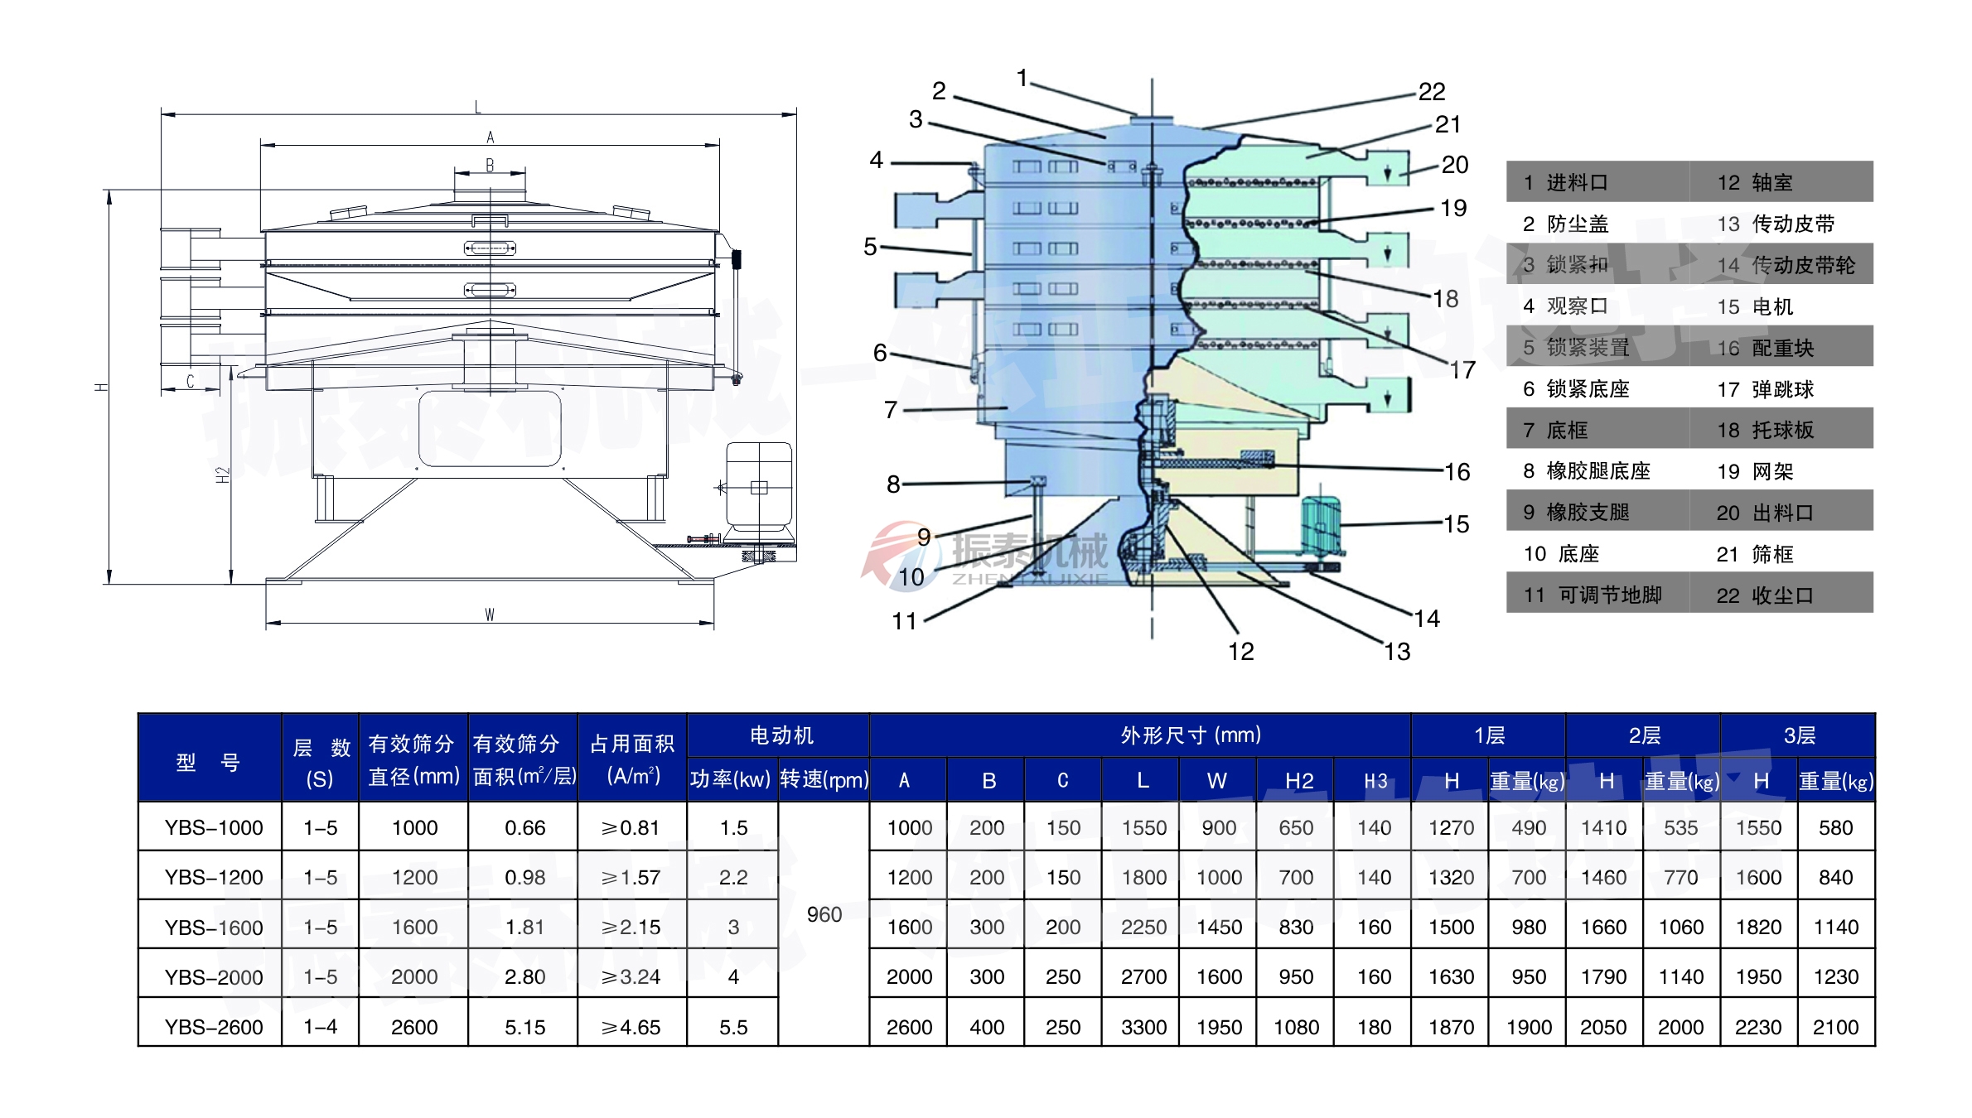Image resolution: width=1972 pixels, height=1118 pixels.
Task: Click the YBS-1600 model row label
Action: tap(213, 928)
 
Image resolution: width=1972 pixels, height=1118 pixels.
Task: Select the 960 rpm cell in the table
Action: tap(824, 914)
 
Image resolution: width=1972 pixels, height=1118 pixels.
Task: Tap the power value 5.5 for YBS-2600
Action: tap(733, 1027)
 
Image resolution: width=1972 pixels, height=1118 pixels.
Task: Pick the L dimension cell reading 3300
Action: tap(1143, 1027)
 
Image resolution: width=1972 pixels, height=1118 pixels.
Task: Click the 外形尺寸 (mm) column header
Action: tap(1190, 735)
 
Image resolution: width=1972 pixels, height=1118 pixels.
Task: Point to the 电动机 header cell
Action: tap(781, 735)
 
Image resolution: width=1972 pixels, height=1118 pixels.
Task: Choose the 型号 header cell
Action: tap(209, 762)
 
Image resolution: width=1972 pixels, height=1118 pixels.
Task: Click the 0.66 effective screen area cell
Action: tap(524, 828)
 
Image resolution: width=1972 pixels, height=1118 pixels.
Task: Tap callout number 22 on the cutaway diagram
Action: tap(1431, 92)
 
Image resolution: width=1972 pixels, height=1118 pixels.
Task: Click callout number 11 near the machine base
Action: tap(904, 621)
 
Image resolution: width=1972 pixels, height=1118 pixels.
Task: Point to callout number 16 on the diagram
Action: tap(1457, 472)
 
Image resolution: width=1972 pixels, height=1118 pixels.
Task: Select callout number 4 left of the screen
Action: tap(876, 160)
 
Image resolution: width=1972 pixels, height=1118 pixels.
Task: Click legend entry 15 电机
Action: tap(1755, 307)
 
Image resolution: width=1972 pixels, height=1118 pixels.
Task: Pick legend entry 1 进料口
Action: tap(1564, 183)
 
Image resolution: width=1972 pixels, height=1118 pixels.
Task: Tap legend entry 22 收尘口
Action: tap(1765, 595)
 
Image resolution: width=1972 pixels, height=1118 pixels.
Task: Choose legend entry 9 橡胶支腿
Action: tap(1576, 513)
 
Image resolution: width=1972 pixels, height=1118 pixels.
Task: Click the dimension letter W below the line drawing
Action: tap(490, 614)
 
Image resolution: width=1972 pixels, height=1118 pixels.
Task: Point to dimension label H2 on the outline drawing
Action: tap(221, 475)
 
